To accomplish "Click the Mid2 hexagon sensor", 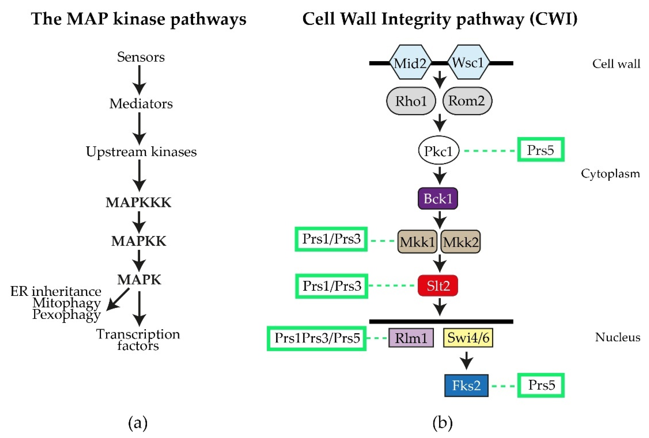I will pyautogui.click(x=410, y=62).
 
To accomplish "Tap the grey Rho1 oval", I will pyautogui.click(x=411, y=101).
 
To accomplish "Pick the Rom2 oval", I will pyautogui.click(x=467, y=101).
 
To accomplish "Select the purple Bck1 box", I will pyautogui.click(x=438, y=198).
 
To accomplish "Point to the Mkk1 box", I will pyautogui.click(x=417, y=242).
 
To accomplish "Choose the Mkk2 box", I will pyautogui.click(x=460, y=242).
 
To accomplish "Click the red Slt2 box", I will pyautogui.click(x=438, y=286).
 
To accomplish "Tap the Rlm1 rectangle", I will pyautogui.click(x=411, y=338).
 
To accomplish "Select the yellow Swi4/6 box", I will pyautogui.click(x=468, y=338).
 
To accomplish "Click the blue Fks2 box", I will pyautogui.click(x=466, y=385).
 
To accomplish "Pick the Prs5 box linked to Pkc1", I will pyautogui.click(x=541, y=150).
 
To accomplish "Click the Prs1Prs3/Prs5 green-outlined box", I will pyautogui.click(x=317, y=338).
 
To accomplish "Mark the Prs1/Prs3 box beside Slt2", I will pyautogui.click(x=332, y=286).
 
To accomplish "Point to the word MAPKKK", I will pyautogui.click(x=138, y=202).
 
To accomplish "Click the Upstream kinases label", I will pyautogui.click(x=141, y=152).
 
